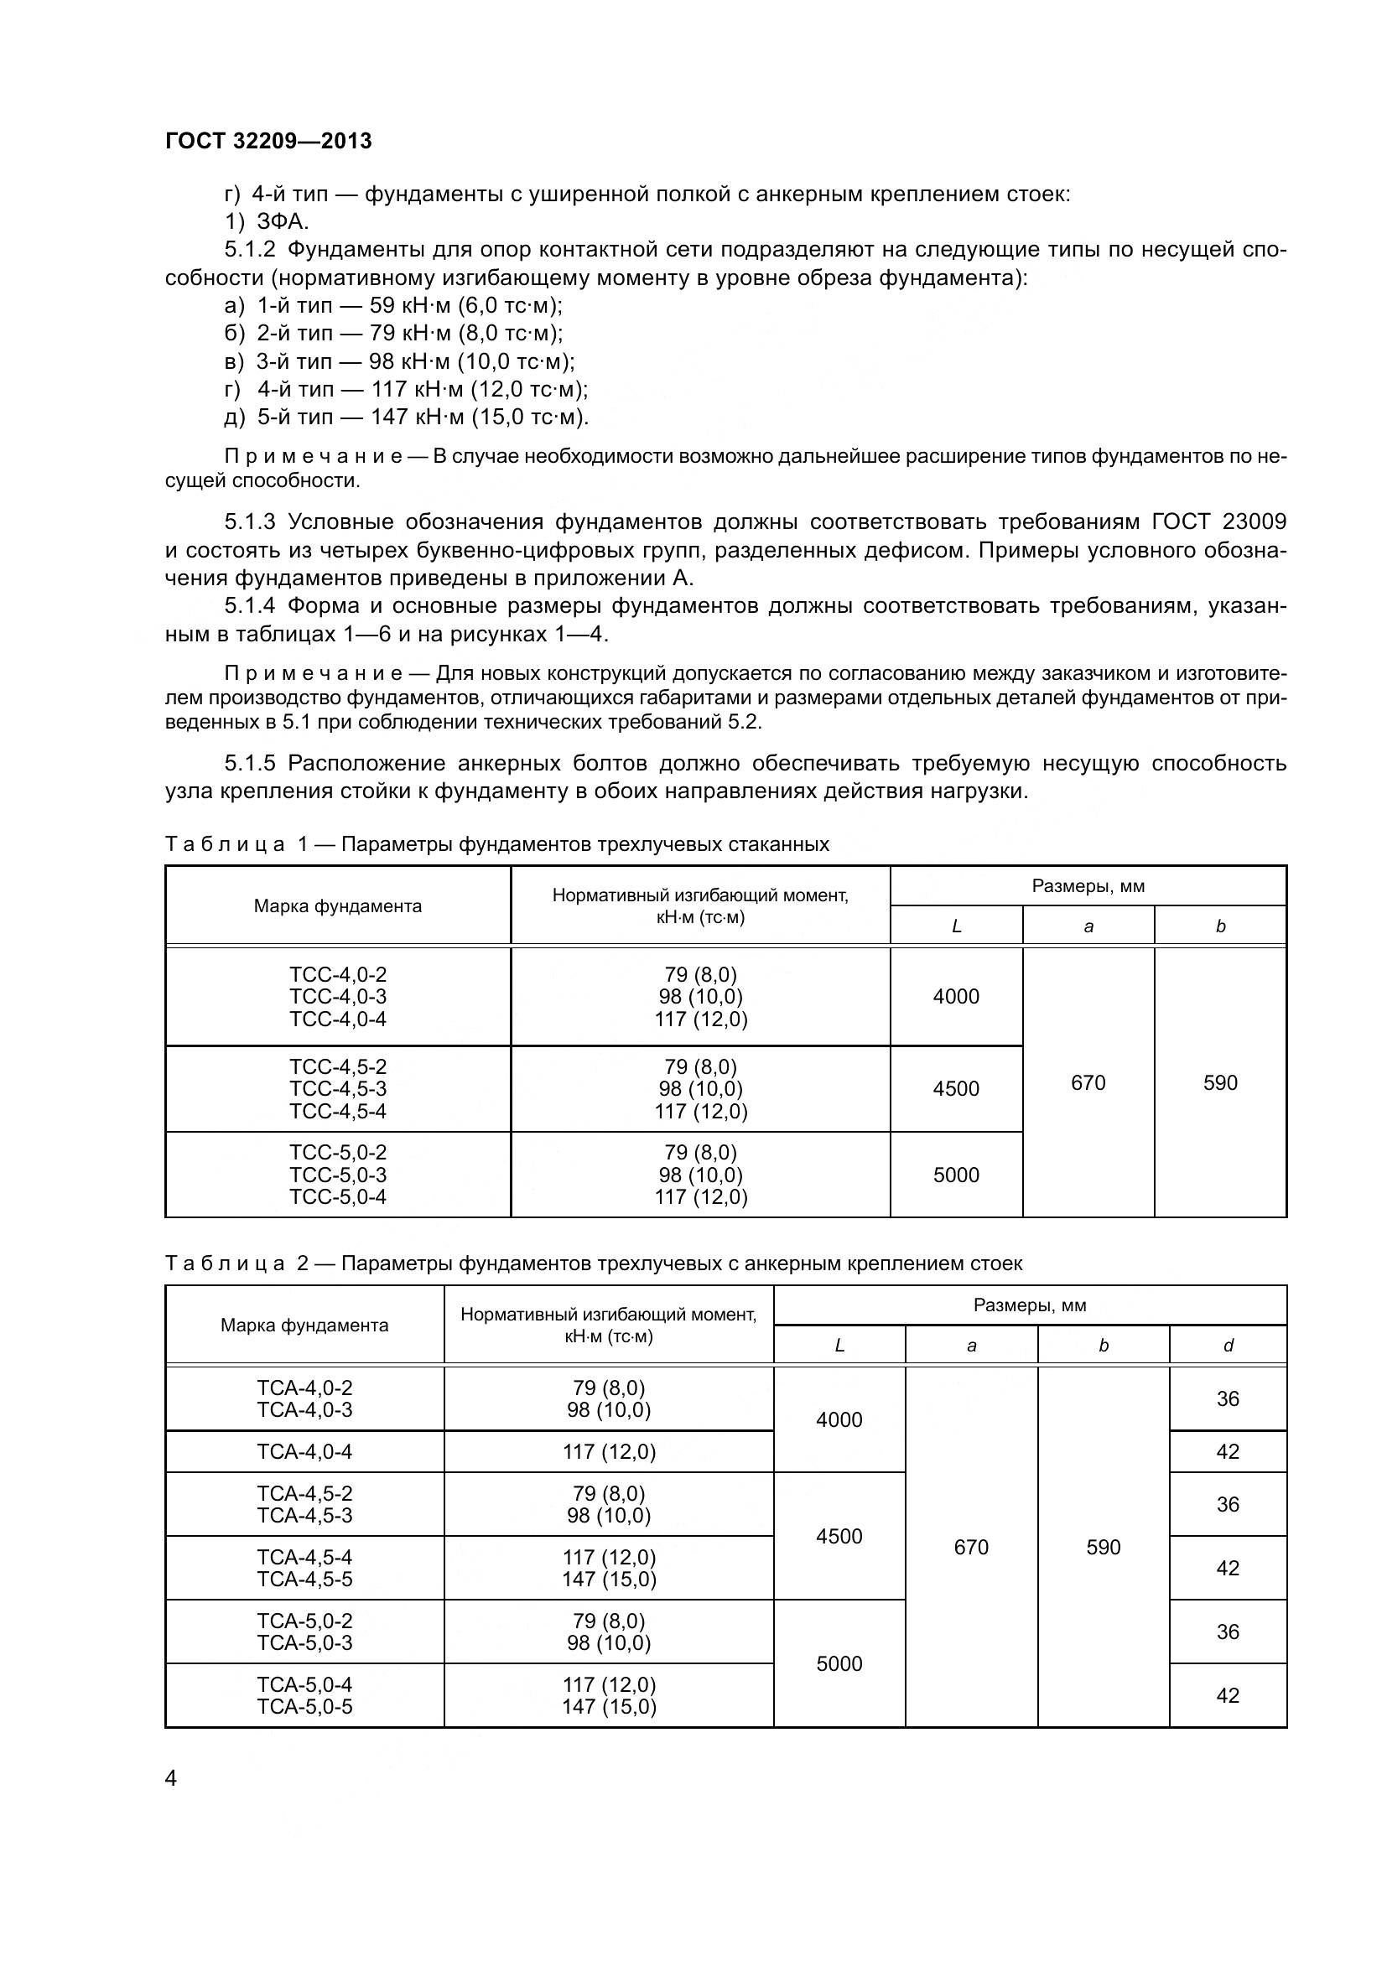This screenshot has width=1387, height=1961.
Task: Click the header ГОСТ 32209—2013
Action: tap(268, 141)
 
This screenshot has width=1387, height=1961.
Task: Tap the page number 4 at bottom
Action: tap(172, 1779)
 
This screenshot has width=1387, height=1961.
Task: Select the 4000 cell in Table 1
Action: tap(956, 996)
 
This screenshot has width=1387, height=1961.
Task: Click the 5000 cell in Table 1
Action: tap(956, 1175)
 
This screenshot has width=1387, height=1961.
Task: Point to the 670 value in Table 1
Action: tap(1088, 1082)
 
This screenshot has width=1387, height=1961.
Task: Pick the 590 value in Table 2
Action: tap(1103, 1547)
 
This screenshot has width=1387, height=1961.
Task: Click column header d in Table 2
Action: tap(1228, 1345)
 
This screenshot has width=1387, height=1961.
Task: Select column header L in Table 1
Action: tap(956, 926)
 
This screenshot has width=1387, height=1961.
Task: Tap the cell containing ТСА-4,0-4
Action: tap(304, 1451)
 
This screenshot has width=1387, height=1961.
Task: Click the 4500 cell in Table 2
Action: tap(839, 1536)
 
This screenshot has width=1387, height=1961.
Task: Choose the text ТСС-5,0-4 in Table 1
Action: tap(337, 1196)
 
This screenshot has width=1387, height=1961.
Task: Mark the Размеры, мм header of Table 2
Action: tap(1029, 1305)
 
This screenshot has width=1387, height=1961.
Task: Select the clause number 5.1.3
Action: tap(249, 521)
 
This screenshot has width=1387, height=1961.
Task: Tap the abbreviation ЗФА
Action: tap(282, 222)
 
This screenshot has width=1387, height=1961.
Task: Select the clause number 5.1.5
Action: tap(249, 763)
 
